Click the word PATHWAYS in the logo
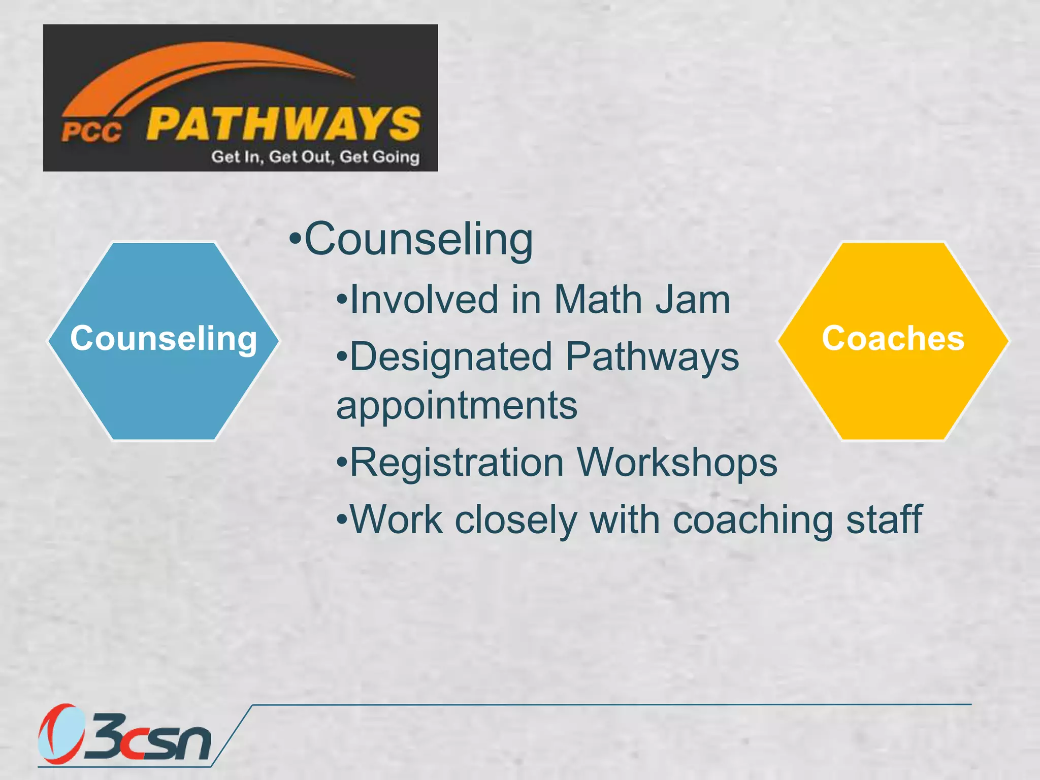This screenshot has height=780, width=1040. point(283,123)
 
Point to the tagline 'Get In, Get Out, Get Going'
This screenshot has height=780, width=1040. point(315,156)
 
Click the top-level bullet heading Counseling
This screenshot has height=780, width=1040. point(418,239)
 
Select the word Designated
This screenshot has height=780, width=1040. point(451,356)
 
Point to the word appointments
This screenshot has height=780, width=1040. point(457,406)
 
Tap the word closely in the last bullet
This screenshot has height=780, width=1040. point(516,521)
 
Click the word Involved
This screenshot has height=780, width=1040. point(424,300)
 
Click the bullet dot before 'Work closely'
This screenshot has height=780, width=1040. point(342,521)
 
